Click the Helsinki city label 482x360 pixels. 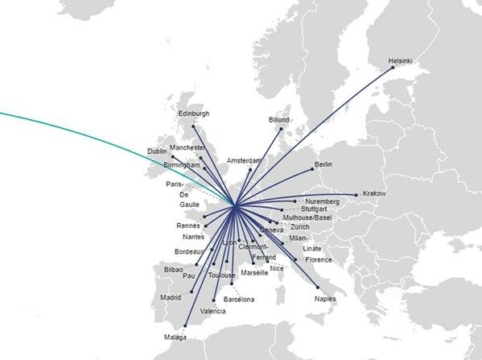pos(401,60)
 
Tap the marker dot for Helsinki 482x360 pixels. pos(393,68)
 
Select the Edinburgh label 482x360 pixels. pos(193,114)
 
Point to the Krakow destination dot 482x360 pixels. pos(356,194)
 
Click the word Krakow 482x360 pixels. pos(375,194)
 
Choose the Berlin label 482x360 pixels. pos(324,164)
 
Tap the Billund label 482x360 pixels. pos(278,120)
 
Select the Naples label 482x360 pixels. pos(326,298)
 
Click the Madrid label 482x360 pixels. pos(171,297)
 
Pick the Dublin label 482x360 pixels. pos(158,151)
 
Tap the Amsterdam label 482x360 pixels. pos(245,160)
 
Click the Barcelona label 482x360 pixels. pos(238,300)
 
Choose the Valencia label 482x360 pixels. pos(212,310)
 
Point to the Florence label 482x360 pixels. pos(319,259)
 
